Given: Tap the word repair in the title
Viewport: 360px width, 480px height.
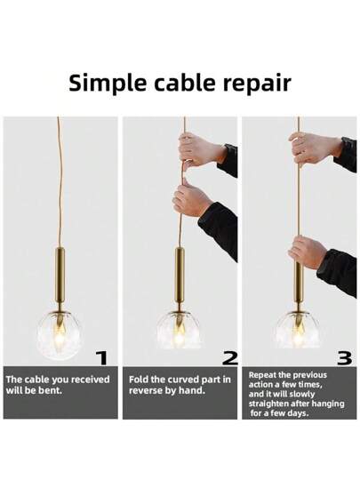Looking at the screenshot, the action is click(257, 84).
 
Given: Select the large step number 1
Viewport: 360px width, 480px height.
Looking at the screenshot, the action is click(102, 358).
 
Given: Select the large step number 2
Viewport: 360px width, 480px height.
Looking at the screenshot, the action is click(229, 358).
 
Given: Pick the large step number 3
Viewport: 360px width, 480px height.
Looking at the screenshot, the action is click(344, 358).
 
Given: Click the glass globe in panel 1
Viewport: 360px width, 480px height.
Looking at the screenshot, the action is click(60, 334).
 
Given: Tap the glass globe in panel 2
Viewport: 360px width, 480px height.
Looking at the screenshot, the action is click(179, 330).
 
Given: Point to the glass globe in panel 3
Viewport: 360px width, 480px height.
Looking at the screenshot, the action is click(298, 330).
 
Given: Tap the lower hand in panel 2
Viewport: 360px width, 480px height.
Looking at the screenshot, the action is click(192, 200).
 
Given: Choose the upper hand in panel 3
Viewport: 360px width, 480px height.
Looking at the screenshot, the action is click(314, 149).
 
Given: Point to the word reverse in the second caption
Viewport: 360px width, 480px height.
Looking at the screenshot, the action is click(145, 391).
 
